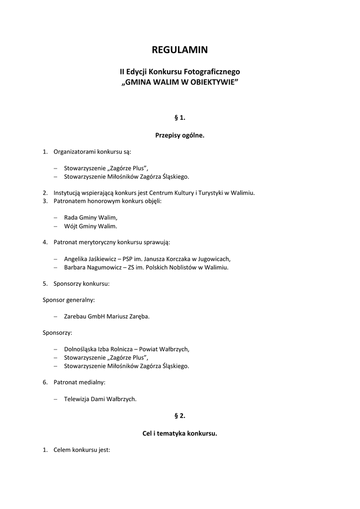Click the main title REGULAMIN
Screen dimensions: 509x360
pos(180,50)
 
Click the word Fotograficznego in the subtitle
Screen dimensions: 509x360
pos(216,72)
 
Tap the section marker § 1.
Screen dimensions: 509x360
pos(180,117)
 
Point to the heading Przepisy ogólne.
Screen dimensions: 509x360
pos(180,135)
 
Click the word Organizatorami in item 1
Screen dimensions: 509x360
pos(75,152)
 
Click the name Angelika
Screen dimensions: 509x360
pos(77,259)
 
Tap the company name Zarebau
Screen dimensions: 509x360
pos(75,316)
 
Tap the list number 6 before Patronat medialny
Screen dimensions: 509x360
pos(45,382)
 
